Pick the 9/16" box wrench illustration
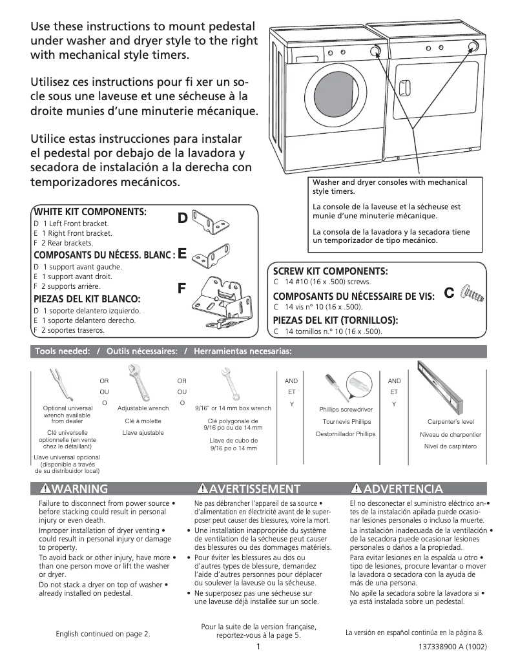point(231,384)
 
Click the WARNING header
point(74,488)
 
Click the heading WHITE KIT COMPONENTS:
point(90,212)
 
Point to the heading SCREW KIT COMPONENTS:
point(330,271)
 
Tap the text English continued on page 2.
point(103,634)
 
